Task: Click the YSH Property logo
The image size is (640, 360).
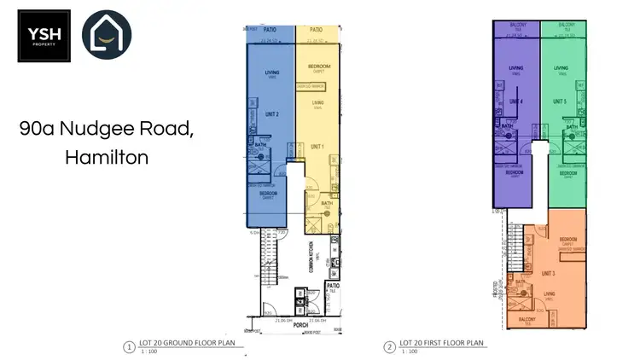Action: [x=44, y=36]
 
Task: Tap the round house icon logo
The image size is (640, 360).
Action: [x=107, y=36]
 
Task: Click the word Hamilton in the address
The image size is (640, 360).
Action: [x=106, y=157]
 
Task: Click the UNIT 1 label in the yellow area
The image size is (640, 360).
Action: [x=318, y=145]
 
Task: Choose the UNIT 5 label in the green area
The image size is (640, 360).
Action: [x=561, y=102]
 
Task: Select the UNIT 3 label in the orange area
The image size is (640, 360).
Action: [x=547, y=273]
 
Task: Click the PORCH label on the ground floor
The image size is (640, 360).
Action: [x=300, y=323]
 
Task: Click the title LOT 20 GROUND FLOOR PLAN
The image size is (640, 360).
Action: [x=183, y=343]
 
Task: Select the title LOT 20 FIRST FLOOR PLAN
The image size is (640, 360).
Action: [x=442, y=343]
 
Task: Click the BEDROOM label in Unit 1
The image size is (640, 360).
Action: [x=318, y=67]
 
